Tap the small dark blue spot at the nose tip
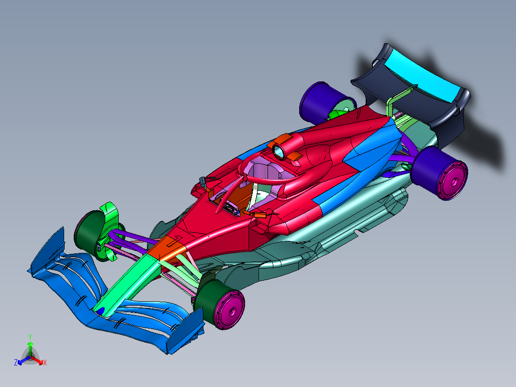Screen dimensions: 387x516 pyautogui.click(x=101, y=310)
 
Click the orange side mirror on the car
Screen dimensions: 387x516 pyautogui.click(x=260, y=216)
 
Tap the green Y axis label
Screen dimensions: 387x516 pyautogui.click(x=30, y=337)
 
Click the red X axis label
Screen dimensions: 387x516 pyautogui.click(x=45, y=363)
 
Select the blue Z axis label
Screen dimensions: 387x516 pyautogui.click(x=16, y=363)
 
